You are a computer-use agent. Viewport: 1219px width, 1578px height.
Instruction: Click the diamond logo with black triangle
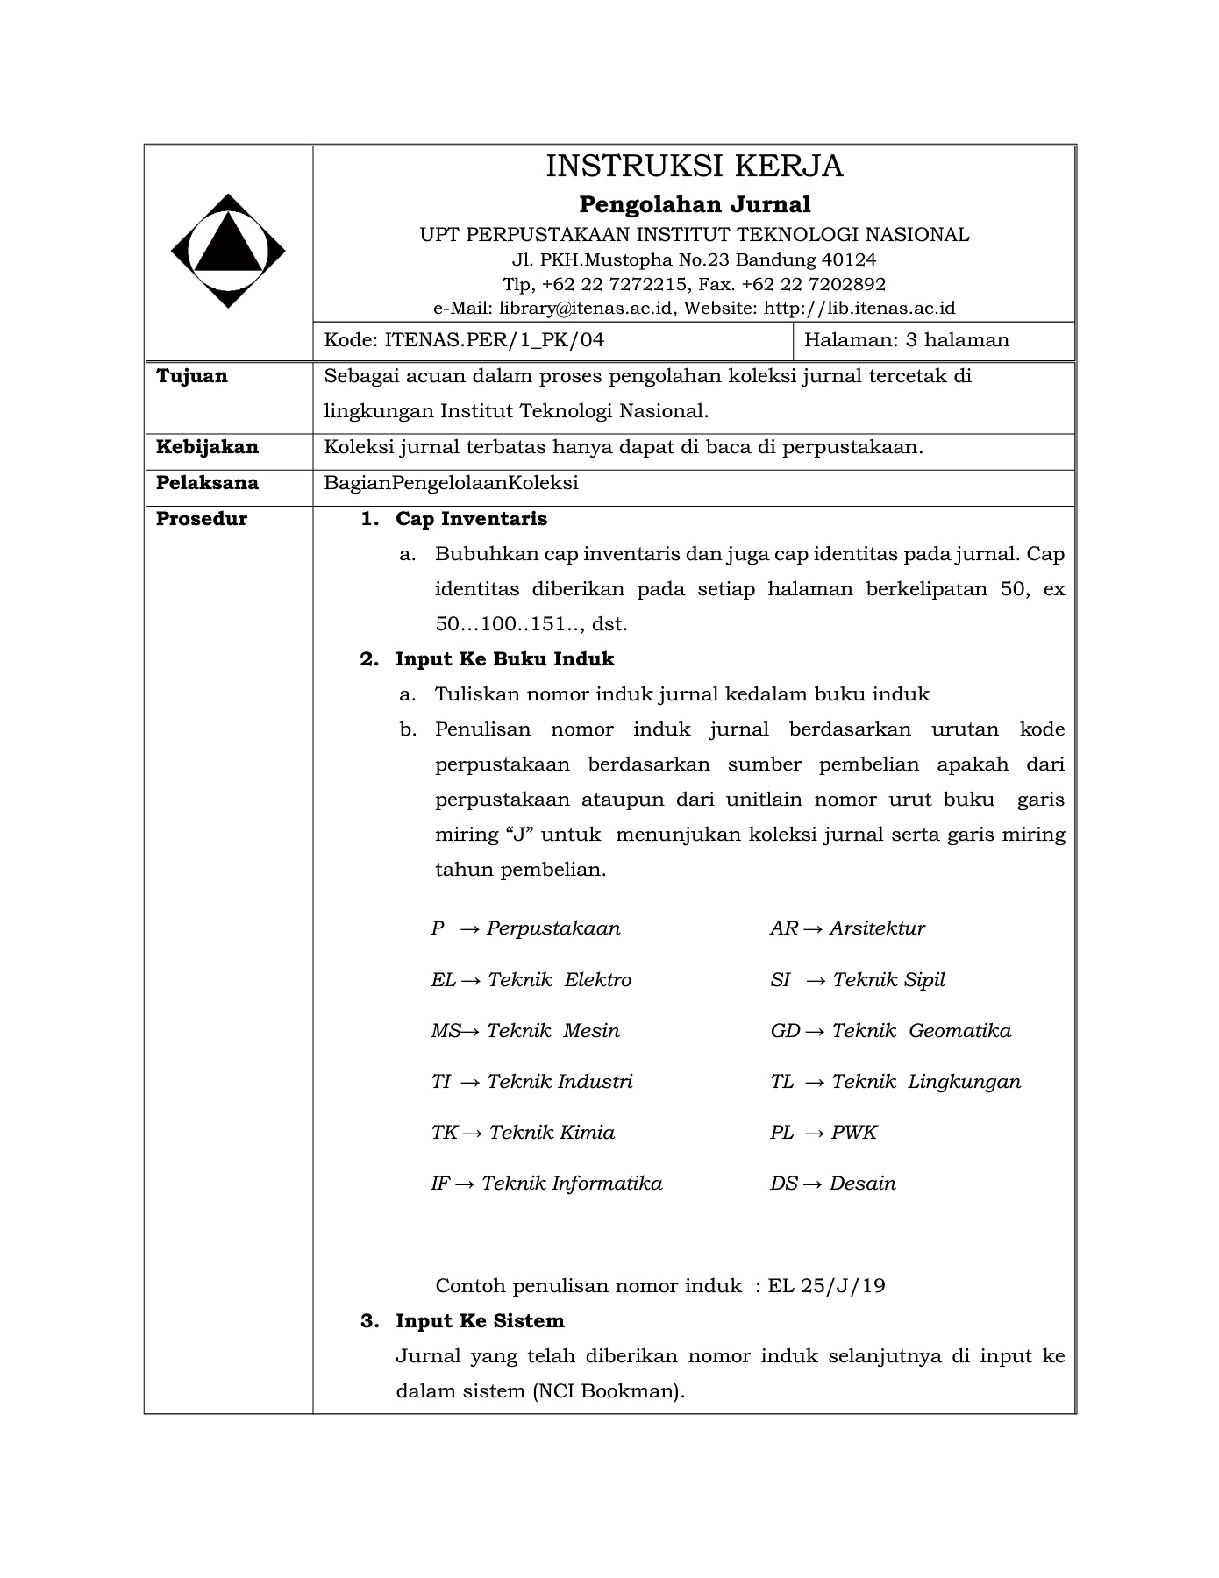tap(228, 251)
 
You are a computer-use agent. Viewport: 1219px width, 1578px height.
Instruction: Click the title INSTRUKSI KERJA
tap(694, 166)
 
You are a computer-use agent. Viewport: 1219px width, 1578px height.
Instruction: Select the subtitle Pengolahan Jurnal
tap(694, 204)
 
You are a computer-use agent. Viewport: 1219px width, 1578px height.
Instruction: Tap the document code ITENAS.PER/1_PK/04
tap(495, 339)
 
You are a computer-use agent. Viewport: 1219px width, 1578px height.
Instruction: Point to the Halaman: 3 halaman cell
tap(906, 339)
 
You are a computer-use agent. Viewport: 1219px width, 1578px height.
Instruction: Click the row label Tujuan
tap(191, 376)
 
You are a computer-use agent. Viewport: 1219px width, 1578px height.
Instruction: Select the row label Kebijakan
tap(207, 447)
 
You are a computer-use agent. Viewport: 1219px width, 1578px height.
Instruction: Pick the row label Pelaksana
tap(207, 483)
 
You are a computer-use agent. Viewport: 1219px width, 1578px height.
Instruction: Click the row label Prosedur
tap(201, 519)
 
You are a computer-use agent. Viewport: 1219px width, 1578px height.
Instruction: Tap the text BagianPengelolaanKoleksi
tap(451, 483)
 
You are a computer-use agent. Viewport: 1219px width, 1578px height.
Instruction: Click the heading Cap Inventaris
tap(471, 519)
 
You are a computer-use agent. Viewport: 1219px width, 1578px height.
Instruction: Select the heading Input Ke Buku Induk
tap(504, 659)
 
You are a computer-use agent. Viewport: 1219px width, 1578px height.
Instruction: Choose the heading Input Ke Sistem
tap(480, 1321)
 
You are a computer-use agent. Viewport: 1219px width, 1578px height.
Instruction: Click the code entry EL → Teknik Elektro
tap(531, 980)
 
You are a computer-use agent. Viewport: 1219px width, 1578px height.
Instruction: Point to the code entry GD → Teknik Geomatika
tap(890, 1031)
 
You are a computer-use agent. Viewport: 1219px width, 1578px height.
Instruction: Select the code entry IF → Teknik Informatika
tap(546, 1183)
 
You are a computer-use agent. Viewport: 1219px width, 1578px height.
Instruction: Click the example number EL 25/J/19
tap(826, 1286)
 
